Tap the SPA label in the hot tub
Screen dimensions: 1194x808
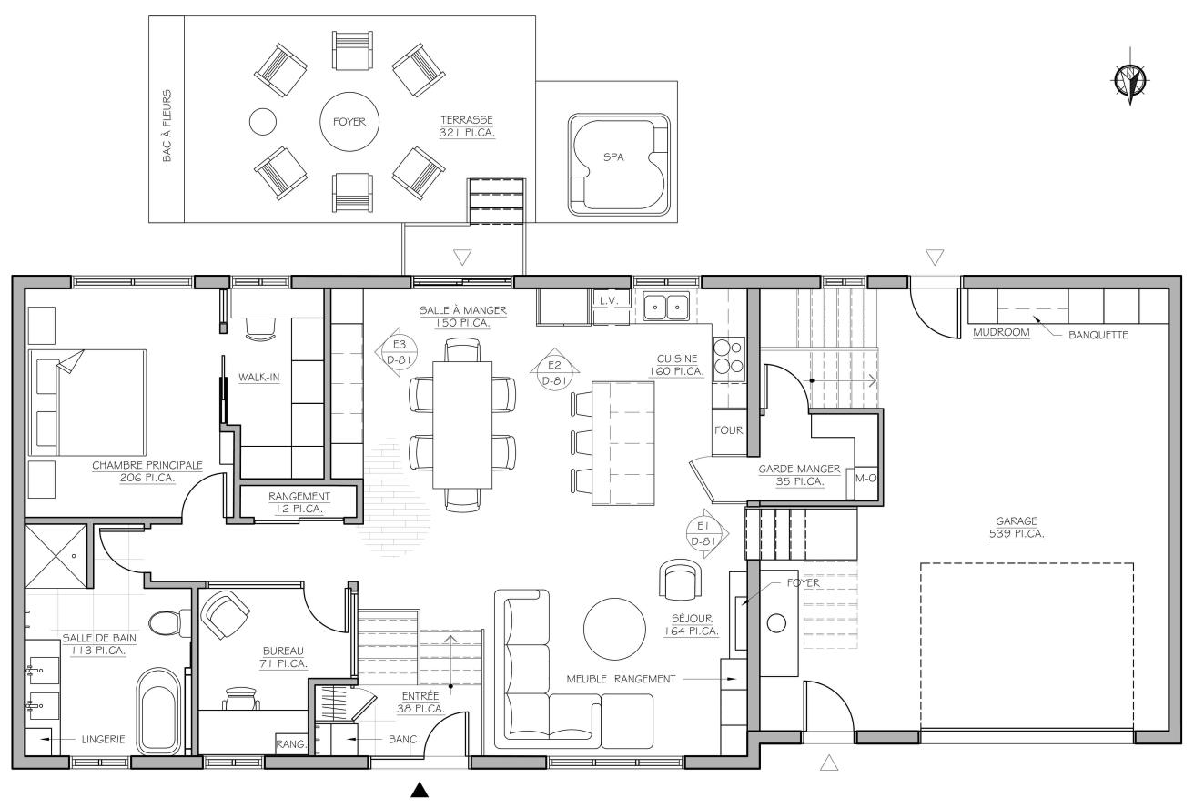pyautogui.click(x=613, y=157)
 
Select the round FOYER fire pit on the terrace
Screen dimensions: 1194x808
pyautogui.click(x=349, y=122)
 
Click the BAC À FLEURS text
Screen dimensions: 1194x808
pyautogui.click(x=167, y=126)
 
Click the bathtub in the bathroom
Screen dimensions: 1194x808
pyautogui.click(x=159, y=712)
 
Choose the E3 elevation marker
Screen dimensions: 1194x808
pyautogui.click(x=398, y=352)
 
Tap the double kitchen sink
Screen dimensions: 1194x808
pyautogui.click(x=666, y=307)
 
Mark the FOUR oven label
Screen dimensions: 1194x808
pyautogui.click(x=728, y=430)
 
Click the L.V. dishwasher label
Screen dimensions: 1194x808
pyautogui.click(x=608, y=300)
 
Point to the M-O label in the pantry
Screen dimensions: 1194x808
pyautogui.click(x=865, y=478)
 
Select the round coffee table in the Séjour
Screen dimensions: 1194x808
pyautogui.click(x=614, y=629)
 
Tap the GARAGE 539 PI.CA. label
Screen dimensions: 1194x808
pyautogui.click(x=1017, y=527)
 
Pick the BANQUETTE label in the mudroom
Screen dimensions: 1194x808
pyautogui.click(x=1098, y=335)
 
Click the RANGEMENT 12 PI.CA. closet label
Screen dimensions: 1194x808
pyautogui.click(x=299, y=502)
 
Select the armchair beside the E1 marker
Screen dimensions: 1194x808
pyautogui.click(x=681, y=580)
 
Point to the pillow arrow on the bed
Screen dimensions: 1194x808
pyautogui.click(x=70, y=361)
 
